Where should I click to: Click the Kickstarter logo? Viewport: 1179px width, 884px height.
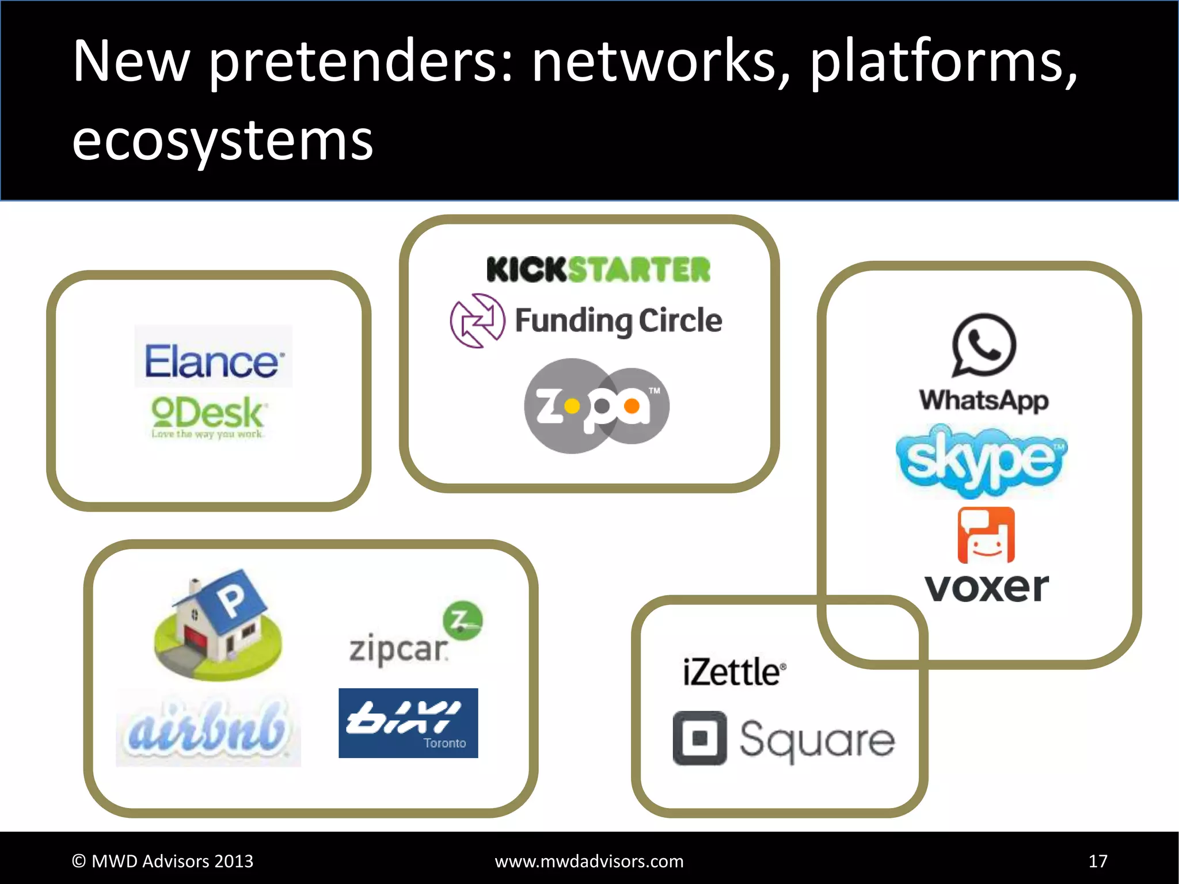[598, 269]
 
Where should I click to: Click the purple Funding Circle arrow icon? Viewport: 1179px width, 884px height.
[477, 321]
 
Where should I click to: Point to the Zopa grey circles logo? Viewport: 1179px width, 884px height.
[596, 406]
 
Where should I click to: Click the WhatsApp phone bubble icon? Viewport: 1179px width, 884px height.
[983, 344]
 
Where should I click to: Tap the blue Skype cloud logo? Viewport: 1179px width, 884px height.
[982, 460]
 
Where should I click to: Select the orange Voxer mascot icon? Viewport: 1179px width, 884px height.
[986, 535]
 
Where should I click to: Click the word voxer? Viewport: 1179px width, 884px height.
[987, 588]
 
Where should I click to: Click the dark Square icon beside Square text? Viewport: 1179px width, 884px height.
[699, 738]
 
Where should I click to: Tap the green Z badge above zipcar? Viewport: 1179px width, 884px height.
[463, 620]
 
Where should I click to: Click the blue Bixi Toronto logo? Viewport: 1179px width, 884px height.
[408, 723]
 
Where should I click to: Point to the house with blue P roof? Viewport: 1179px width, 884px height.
[218, 624]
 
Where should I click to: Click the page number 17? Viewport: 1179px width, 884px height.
[1098, 861]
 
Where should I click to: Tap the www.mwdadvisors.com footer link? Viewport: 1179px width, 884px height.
[589, 861]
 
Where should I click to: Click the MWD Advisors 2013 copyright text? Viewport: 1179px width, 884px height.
[162, 861]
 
